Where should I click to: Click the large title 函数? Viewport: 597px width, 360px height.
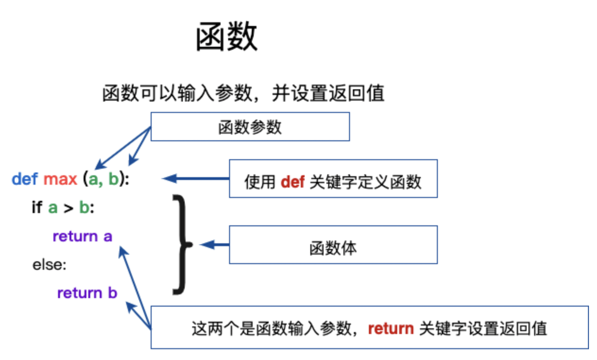click(x=227, y=36)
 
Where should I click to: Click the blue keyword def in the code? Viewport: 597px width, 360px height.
click(x=25, y=179)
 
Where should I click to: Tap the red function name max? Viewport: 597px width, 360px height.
click(x=60, y=179)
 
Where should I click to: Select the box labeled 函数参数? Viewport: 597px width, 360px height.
click(x=250, y=127)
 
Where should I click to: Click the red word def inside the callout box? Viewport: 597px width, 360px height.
click(x=292, y=182)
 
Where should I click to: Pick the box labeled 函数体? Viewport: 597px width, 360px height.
click(x=333, y=245)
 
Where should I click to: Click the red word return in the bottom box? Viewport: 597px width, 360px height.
click(x=391, y=328)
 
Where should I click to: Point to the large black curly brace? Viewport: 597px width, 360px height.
click(x=183, y=245)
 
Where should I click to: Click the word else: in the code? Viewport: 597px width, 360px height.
click(x=49, y=265)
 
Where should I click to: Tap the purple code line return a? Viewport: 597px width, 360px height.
click(x=82, y=236)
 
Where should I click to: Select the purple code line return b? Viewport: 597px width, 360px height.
click(x=87, y=293)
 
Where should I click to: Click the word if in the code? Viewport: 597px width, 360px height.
click(x=37, y=207)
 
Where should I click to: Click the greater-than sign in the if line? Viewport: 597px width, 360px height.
click(x=68, y=208)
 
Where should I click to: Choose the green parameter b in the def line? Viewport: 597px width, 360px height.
click(x=113, y=179)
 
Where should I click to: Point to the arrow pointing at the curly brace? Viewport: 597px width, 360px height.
click(x=214, y=245)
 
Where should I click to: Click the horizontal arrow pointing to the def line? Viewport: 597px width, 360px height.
click(x=196, y=179)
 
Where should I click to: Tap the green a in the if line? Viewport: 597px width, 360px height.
click(x=53, y=208)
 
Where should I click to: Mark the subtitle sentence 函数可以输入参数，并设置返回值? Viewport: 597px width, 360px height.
click(x=243, y=93)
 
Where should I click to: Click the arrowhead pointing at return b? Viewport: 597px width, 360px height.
click(x=130, y=307)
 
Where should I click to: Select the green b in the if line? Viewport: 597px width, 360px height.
click(x=84, y=207)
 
